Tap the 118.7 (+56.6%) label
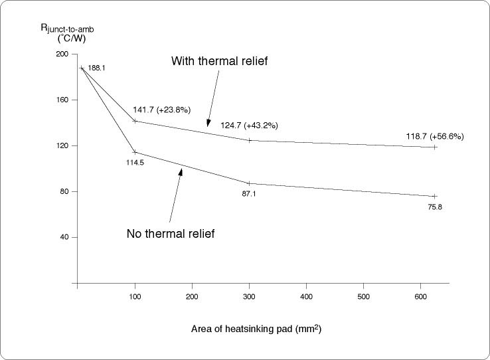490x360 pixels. coord(435,136)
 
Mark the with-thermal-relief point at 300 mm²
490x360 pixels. coord(249,140)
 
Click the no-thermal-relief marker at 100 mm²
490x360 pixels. coord(135,152)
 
